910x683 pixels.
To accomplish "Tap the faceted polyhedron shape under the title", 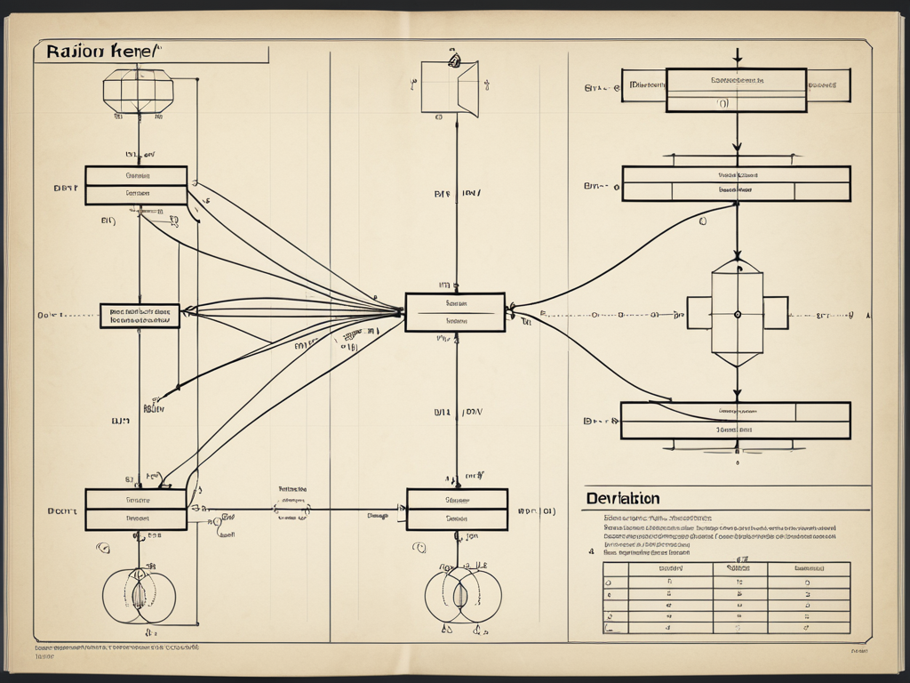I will (138, 91).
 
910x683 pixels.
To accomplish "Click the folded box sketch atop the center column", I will (450, 87).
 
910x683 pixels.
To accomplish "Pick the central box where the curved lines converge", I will (455, 312).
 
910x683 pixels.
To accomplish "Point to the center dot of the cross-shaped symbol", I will (737, 313).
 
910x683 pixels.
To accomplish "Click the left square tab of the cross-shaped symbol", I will (698, 313).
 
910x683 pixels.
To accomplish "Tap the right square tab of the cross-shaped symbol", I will (775, 313).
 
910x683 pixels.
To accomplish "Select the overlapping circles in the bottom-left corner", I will (139, 595).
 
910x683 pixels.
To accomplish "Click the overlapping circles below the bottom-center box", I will (462, 595).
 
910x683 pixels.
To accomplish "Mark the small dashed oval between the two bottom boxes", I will (291, 510).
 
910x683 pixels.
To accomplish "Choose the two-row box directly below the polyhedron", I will (136, 185).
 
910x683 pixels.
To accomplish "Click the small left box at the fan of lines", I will (140, 316).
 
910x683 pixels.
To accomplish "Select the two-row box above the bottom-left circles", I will (136, 510).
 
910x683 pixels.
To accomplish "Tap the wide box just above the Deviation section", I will (735, 421).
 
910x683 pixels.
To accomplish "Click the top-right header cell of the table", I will (808, 568).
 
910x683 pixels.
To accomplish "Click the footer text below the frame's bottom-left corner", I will (116, 651).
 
